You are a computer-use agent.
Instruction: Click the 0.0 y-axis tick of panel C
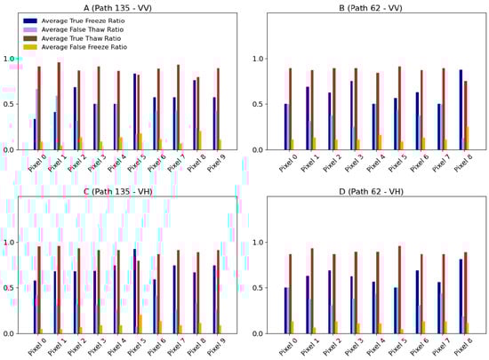11,333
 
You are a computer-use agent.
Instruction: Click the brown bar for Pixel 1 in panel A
59,106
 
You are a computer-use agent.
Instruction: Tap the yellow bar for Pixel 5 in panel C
140,324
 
